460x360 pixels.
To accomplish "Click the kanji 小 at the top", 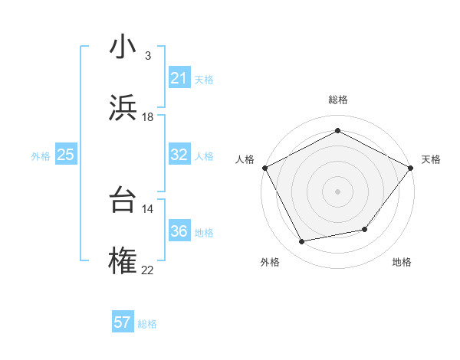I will [x=122, y=47].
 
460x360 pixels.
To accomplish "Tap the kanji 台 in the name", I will [x=122, y=201].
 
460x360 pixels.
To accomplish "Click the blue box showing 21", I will [x=179, y=78].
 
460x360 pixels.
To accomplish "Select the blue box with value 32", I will [x=179, y=155].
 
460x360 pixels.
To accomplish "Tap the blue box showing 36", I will [x=179, y=231].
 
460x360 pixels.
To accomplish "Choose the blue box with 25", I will [x=65, y=155].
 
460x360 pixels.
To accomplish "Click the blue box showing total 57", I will [x=122, y=322].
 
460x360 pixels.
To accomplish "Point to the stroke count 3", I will [x=147, y=56].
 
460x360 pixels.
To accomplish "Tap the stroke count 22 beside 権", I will [x=147, y=270].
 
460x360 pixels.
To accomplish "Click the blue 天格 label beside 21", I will [x=204, y=79].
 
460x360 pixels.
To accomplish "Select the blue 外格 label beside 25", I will [x=41, y=155].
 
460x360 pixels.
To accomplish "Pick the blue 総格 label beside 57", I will [x=147, y=323].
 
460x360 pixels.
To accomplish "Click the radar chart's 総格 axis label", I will [x=337, y=100].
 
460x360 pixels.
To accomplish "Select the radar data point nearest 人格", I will [x=264, y=168].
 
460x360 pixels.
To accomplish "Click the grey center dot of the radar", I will [x=337, y=191].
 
